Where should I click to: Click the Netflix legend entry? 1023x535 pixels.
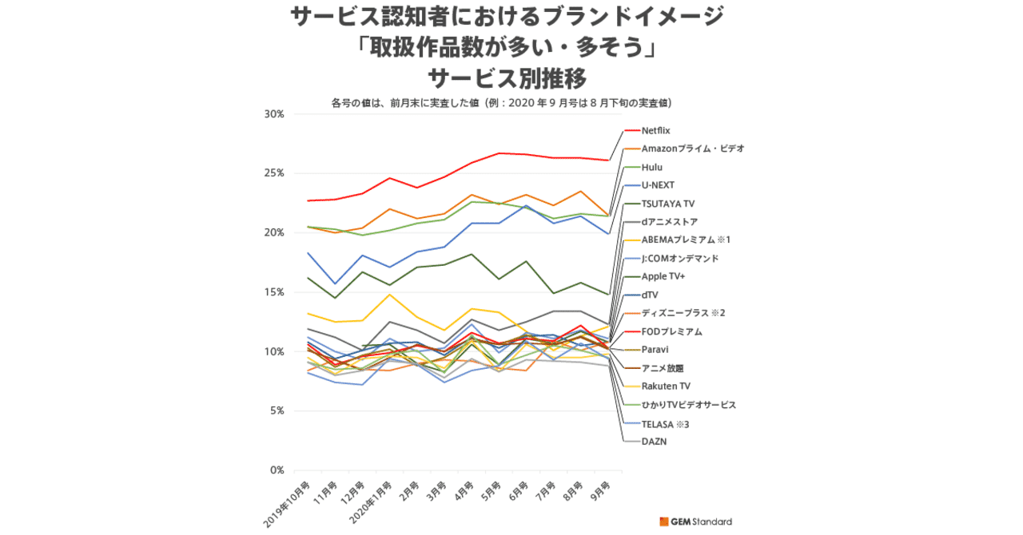(655, 130)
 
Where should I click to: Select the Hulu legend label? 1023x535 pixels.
(652, 167)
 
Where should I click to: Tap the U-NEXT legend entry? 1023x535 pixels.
(658, 185)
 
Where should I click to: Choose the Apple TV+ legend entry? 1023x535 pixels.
(663, 276)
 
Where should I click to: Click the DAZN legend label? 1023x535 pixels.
(654, 441)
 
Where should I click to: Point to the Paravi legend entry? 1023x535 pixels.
(655, 350)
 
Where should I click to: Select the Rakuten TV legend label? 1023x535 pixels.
(666, 386)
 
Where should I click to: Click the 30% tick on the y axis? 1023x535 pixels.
(274, 114)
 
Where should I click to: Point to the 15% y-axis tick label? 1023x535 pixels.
(274, 292)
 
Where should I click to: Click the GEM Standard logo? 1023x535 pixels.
(695, 521)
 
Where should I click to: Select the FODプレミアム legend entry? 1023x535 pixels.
(671, 331)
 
